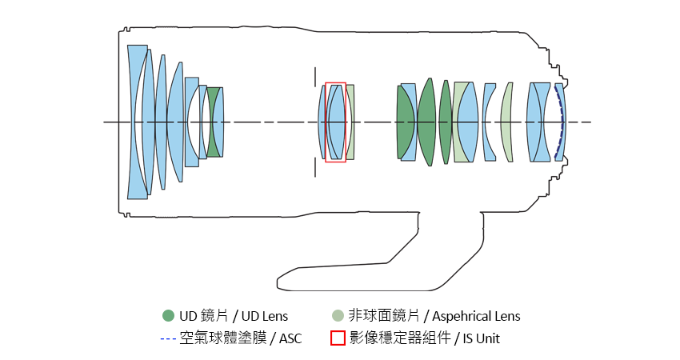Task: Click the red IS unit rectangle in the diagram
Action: pos(336,83)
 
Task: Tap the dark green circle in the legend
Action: pos(167,316)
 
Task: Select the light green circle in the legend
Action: pos(338,316)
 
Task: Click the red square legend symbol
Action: pos(338,338)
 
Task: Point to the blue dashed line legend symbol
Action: pos(167,338)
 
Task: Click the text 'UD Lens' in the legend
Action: pos(264,316)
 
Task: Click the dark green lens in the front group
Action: pos(214,122)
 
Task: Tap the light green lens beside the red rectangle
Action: pos(350,122)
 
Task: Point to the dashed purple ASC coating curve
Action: pos(562,122)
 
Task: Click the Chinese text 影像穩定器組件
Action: pos(399,338)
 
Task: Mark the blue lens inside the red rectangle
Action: pos(336,122)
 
